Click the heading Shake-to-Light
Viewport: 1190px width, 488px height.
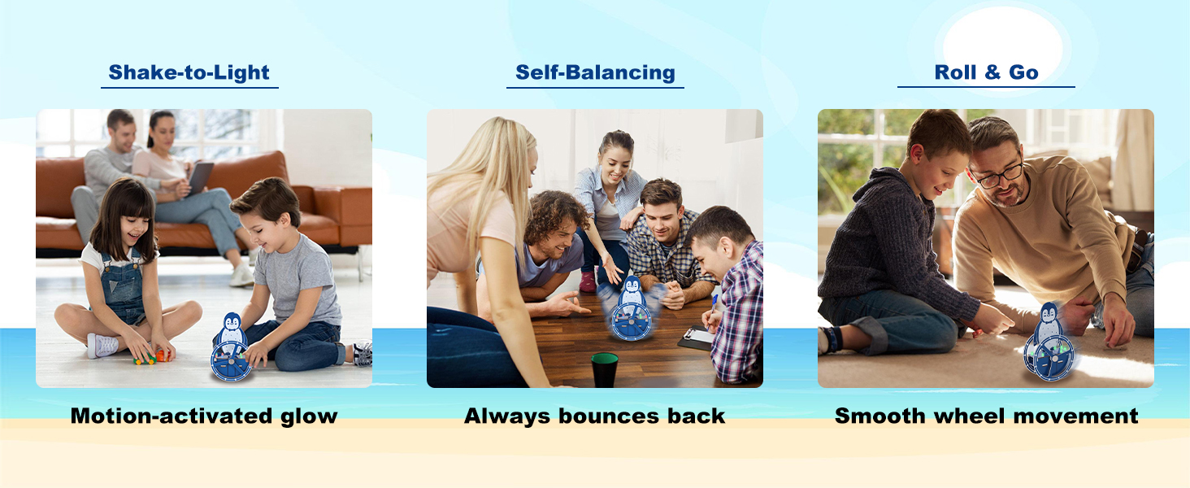[189, 73]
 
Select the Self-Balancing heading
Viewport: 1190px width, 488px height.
[595, 72]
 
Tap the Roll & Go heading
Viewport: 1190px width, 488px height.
[986, 72]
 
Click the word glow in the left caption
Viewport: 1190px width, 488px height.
[309, 416]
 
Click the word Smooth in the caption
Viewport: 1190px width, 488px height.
[879, 416]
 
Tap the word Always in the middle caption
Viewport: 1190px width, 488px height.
[507, 416]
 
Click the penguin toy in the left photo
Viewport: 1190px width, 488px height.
[232, 347]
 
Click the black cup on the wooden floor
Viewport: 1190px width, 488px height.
[605, 370]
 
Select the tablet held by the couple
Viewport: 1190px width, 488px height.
[200, 177]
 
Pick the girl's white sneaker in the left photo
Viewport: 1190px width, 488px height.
[102, 346]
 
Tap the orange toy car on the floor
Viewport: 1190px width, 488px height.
[162, 355]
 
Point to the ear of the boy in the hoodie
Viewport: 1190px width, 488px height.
[916, 155]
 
